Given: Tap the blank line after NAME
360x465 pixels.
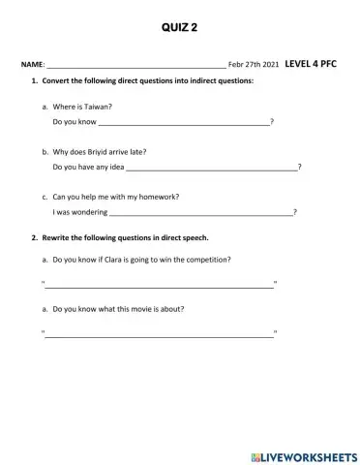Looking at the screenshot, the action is [135, 66].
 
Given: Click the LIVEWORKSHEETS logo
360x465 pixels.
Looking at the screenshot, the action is [303, 455].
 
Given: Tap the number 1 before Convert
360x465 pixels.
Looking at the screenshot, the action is [35, 81].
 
